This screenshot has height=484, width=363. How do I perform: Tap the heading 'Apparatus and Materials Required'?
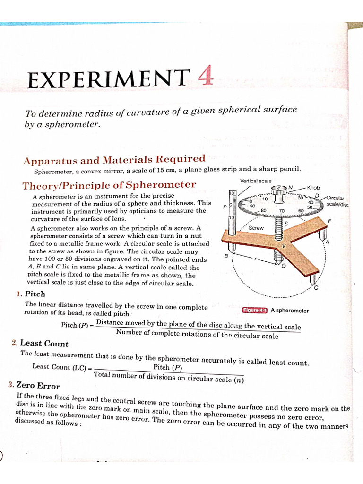tap(114, 159)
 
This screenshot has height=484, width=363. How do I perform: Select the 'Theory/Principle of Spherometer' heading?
tap(109, 184)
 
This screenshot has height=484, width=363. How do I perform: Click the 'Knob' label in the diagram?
tap(313, 188)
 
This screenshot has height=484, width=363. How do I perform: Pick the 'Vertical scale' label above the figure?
tap(256, 181)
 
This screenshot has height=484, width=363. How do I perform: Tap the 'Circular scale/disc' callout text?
tap(337, 201)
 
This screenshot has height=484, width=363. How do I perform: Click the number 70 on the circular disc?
tap(282, 211)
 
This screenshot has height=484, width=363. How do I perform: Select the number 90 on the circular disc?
tap(252, 206)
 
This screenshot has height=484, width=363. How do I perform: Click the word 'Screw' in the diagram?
tap(256, 228)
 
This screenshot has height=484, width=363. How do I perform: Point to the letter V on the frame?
tap(284, 246)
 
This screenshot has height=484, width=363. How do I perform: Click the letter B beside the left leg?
tap(226, 256)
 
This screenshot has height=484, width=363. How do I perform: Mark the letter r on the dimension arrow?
tap(256, 259)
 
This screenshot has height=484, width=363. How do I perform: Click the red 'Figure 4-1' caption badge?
tap(255, 311)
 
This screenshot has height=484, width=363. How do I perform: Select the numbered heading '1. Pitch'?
tap(31, 294)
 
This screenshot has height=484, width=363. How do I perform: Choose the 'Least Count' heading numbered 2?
tap(40, 344)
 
